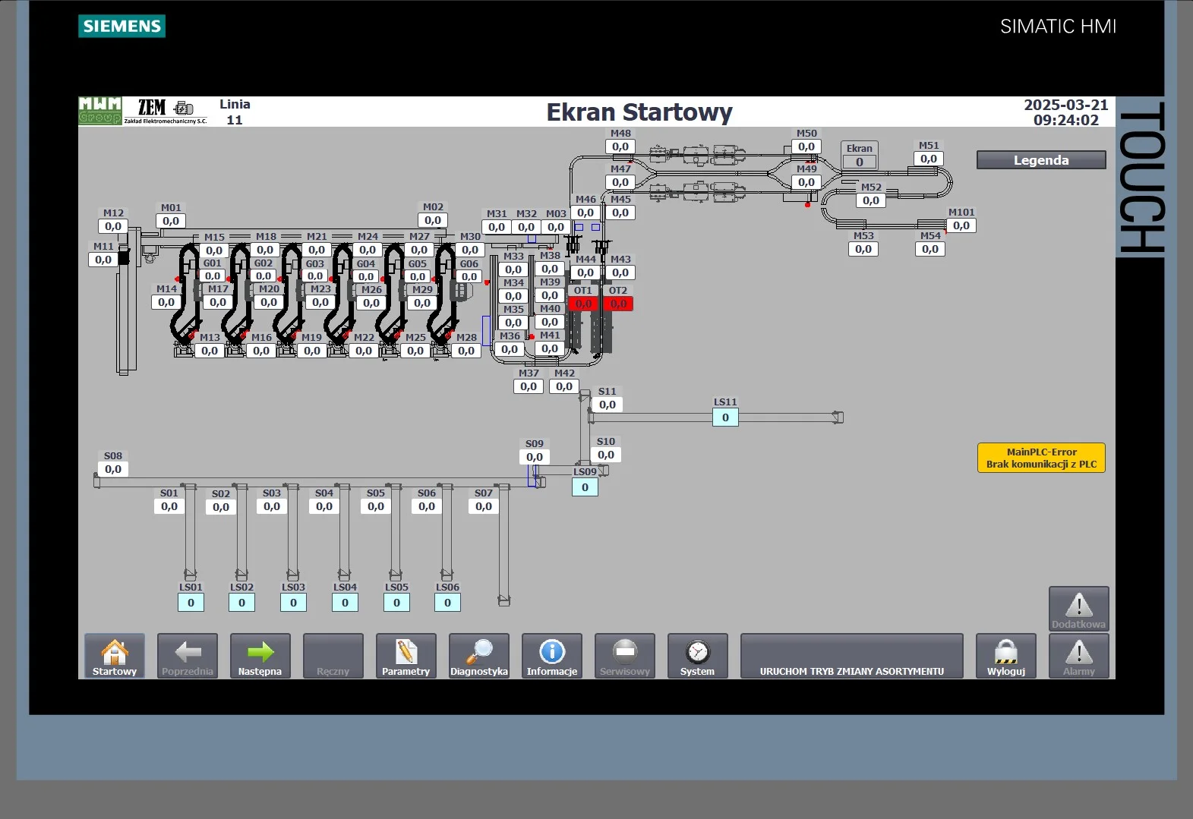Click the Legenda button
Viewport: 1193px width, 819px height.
[x=1040, y=160]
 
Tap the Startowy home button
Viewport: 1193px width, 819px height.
[x=115, y=656]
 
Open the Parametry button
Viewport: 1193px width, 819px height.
[x=406, y=656]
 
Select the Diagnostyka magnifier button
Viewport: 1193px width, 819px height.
[x=478, y=656]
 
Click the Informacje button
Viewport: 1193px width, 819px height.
[x=551, y=656]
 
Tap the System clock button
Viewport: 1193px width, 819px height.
[x=697, y=656]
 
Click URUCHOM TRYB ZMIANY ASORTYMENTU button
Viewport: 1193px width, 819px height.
[x=851, y=656]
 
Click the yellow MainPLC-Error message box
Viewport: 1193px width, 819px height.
[x=1041, y=458]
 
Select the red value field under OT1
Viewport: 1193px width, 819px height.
[x=583, y=304]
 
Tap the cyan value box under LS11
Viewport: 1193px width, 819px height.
[x=725, y=417]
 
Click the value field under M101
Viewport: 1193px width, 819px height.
[x=961, y=225]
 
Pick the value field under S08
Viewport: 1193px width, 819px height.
[x=113, y=469]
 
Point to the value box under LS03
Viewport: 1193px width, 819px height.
[x=293, y=603]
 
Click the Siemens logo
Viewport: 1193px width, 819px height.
[x=122, y=27]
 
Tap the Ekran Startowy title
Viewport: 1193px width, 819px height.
[x=639, y=112]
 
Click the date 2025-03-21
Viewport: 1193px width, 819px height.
[x=1065, y=105]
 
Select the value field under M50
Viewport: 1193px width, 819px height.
[x=806, y=146]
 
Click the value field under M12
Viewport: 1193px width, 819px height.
[x=113, y=226]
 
